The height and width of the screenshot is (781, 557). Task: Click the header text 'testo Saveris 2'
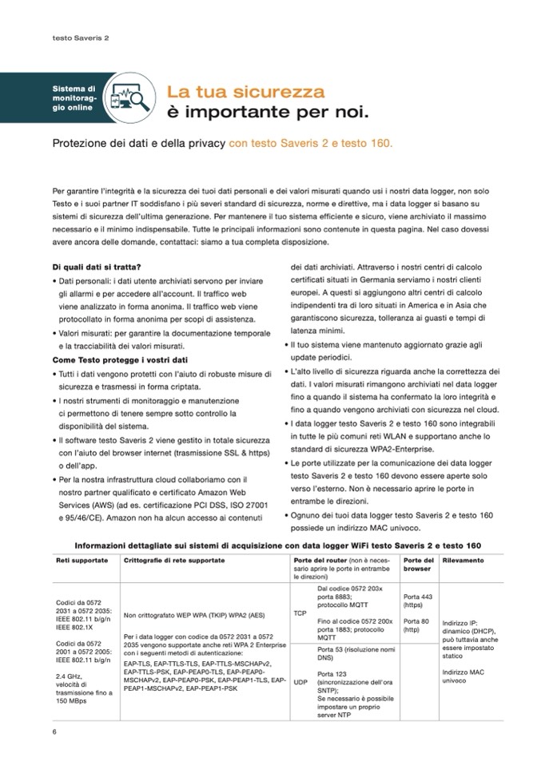[80, 37]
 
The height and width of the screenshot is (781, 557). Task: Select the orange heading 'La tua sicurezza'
[245, 91]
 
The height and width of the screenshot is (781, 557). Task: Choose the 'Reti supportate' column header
[82, 561]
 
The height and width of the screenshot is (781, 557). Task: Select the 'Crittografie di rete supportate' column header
[174, 561]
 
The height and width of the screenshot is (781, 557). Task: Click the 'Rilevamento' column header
[464, 561]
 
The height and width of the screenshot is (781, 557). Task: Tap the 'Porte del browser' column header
[417, 565]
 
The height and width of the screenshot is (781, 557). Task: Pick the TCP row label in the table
[300, 613]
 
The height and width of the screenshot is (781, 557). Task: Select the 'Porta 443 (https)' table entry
[418, 601]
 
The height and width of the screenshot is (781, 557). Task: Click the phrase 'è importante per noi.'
[267, 110]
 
